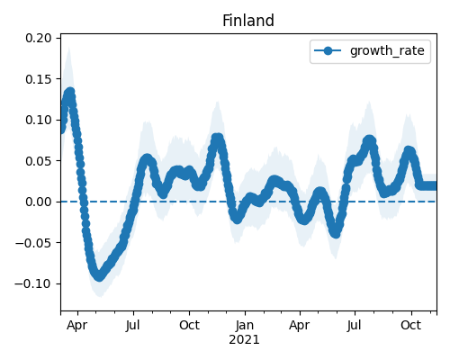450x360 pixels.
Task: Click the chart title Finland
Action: (248, 21)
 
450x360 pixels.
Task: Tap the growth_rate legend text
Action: (387, 50)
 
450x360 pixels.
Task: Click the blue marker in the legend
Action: (328, 51)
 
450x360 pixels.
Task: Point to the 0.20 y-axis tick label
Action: (39, 38)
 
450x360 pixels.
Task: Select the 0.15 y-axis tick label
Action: (39, 79)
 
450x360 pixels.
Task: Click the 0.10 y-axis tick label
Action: (39, 120)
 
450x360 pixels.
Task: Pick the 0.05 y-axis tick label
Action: (39, 161)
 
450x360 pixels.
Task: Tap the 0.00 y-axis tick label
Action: (39, 202)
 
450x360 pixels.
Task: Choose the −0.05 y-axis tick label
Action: (33, 243)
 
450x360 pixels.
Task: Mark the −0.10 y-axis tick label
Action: (33, 283)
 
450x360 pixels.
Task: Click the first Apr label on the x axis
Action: (77, 326)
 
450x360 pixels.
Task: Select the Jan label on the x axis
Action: (245, 326)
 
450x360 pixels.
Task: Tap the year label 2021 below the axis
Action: (244, 340)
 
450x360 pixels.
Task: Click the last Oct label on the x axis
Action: (411, 326)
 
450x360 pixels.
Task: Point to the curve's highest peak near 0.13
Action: (70, 93)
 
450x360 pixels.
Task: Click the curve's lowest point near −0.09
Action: (99, 276)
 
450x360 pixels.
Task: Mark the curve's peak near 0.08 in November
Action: (218, 139)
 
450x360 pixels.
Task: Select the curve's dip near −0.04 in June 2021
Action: (336, 233)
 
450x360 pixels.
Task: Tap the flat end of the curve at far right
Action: (427, 185)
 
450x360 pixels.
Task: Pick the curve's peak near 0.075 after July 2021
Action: (370, 140)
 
